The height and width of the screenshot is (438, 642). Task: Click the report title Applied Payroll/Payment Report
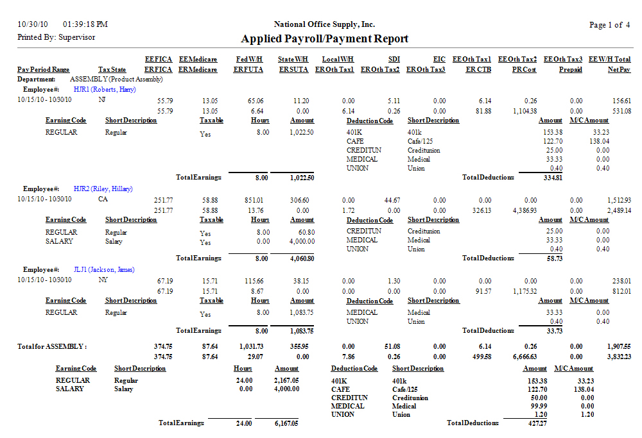click(324, 38)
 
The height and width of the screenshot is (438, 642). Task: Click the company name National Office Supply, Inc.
click(324, 24)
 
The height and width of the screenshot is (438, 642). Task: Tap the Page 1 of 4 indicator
click(609, 25)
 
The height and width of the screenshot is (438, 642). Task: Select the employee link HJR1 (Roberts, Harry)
click(105, 90)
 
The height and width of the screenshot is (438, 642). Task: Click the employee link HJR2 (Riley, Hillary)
click(103, 189)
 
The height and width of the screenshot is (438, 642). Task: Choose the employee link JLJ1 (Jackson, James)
click(104, 270)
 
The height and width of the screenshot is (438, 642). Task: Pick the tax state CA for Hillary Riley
click(103, 200)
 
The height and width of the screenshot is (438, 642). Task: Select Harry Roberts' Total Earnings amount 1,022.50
click(300, 178)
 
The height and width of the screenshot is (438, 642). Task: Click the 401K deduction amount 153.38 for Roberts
click(551, 132)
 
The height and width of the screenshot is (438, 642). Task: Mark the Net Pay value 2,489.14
click(617, 210)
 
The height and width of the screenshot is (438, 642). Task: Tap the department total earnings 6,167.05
click(286, 423)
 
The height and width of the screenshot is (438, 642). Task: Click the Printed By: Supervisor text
click(56, 37)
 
